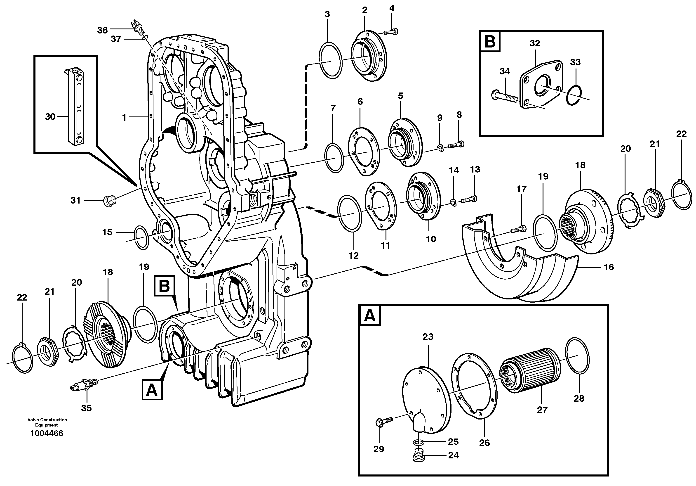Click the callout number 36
click(102, 30)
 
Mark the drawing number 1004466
click(47, 434)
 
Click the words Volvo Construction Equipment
click(47, 422)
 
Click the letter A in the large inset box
click(369, 316)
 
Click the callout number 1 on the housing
click(124, 117)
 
